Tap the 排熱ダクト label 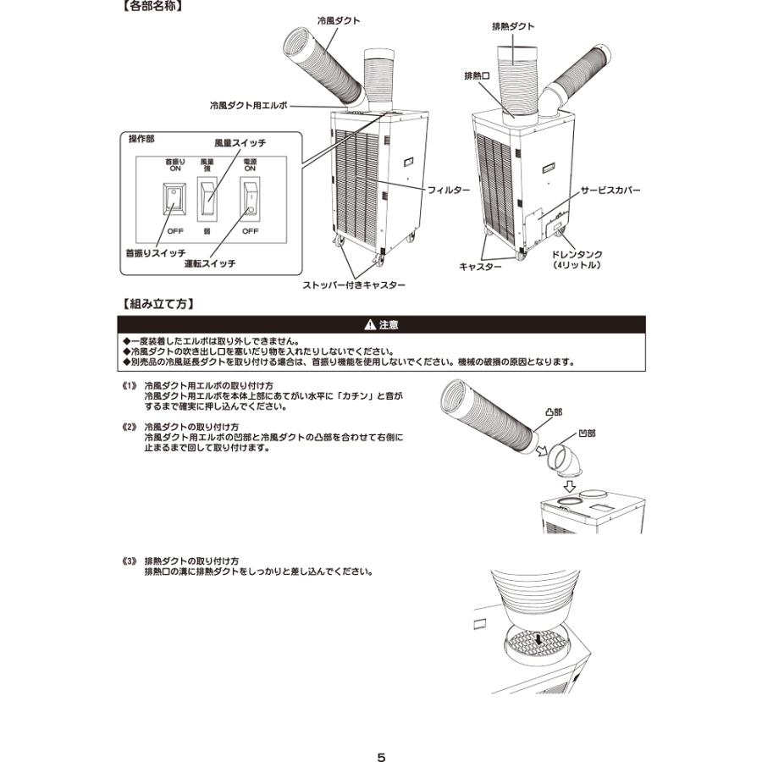513,26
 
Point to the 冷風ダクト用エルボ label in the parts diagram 249,106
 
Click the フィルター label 449,191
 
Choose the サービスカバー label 610,191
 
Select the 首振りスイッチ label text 156,253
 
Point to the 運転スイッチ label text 210,263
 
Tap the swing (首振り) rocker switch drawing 174,200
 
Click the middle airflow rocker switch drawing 207,198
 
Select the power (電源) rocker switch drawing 250,198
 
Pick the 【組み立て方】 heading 156,302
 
